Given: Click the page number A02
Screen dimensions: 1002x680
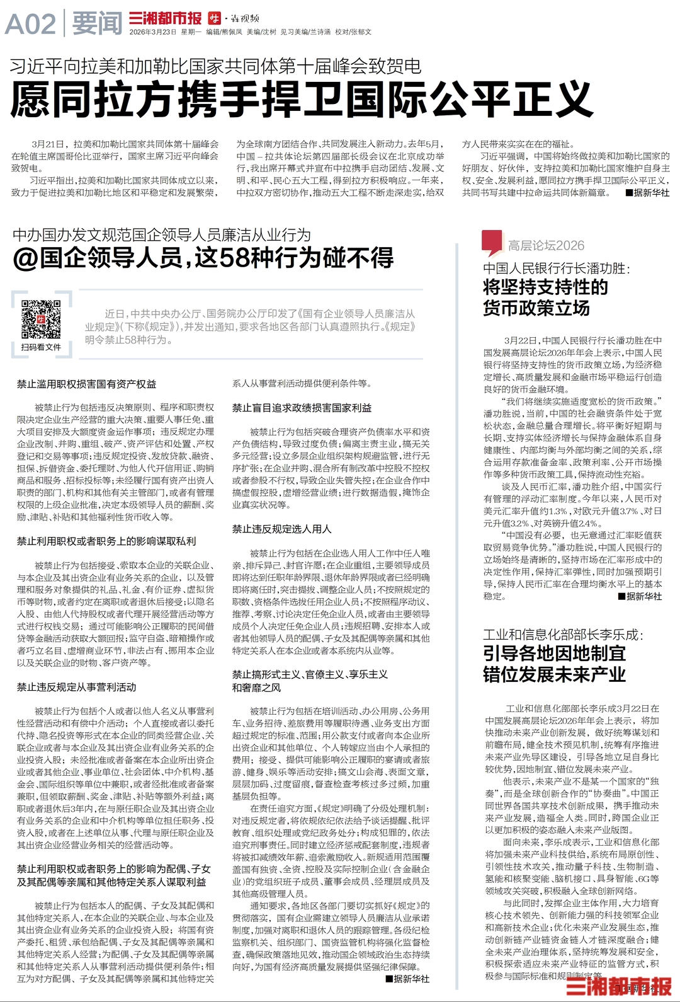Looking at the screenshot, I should click(x=30, y=24).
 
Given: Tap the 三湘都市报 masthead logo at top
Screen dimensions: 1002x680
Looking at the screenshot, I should click(x=165, y=18).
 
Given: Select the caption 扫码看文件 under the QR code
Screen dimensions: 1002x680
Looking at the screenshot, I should click(x=42, y=347).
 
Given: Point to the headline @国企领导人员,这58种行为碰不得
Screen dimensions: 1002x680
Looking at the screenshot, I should click(x=203, y=258).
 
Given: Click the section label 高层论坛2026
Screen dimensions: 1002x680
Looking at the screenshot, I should click(x=546, y=246).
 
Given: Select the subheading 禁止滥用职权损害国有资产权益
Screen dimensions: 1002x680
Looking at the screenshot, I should click(x=86, y=384).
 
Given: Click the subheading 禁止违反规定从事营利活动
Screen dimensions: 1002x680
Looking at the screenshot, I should click(x=76, y=687).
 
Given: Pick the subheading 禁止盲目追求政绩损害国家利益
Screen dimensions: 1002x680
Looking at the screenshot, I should click(x=302, y=408).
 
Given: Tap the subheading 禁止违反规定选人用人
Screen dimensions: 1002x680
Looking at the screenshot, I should click(x=281, y=529).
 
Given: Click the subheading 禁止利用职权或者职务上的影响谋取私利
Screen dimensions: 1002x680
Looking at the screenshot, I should click(x=106, y=541).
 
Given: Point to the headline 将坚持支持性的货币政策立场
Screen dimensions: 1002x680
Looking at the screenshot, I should click(x=545, y=297).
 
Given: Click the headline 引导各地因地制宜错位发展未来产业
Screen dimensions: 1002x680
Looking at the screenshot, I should click(x=554, y=664).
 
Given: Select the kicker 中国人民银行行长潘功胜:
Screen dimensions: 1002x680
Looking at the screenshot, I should click(x=557, y=268).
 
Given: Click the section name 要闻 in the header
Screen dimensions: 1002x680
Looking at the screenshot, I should click(x=97, y=24).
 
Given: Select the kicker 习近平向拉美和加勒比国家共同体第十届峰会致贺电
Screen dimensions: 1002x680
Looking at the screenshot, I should click(x=215, y=66).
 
